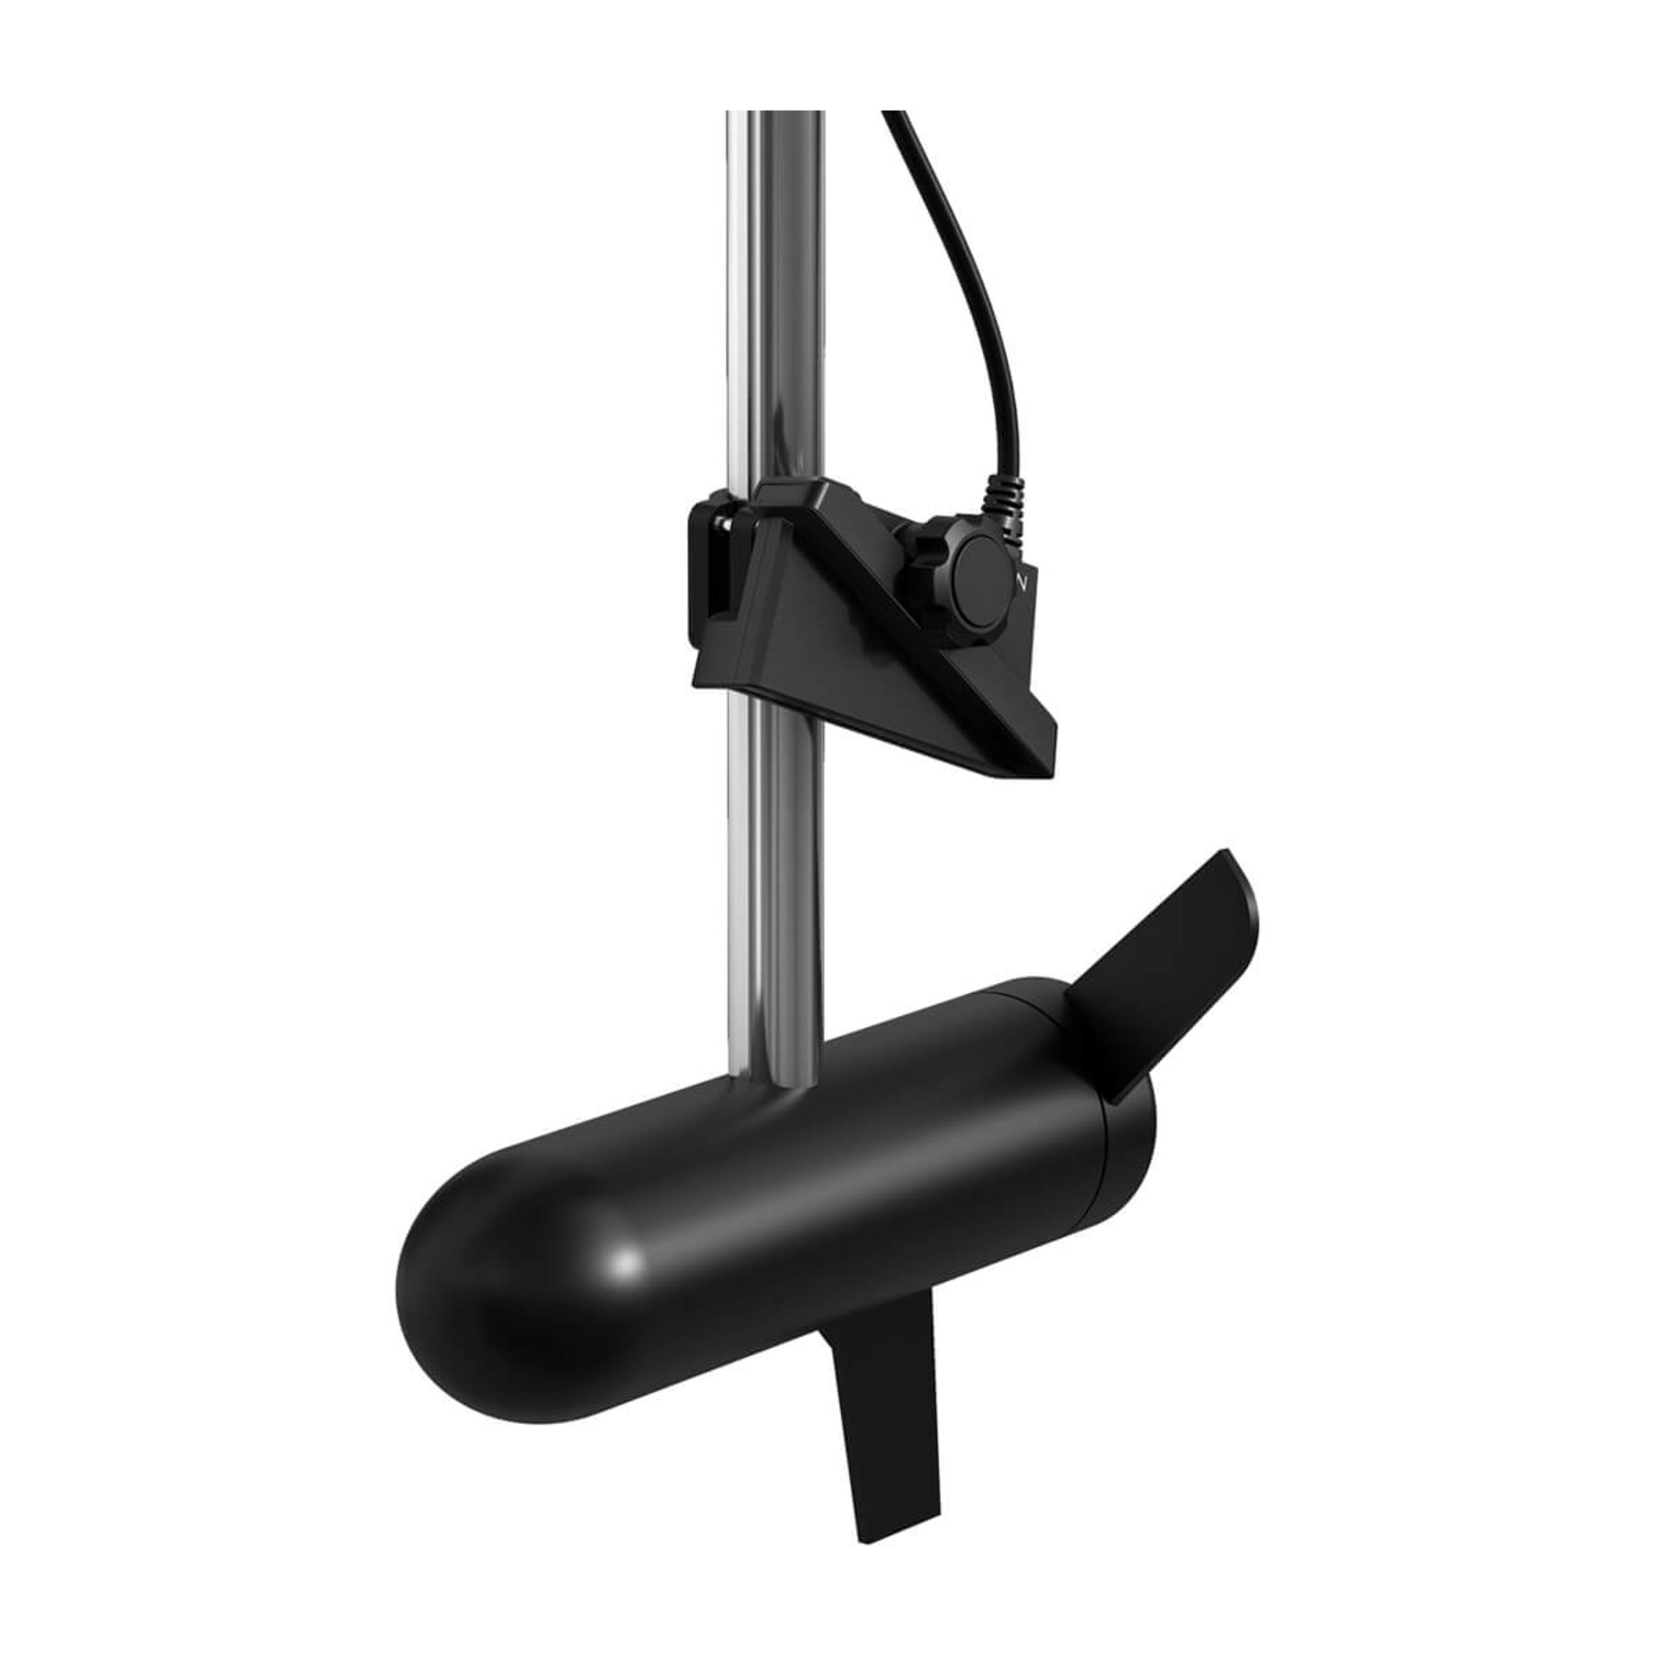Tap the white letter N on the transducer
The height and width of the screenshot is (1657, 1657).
coord(1020,581)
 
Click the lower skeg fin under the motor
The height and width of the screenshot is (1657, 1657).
coord(883,1389)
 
